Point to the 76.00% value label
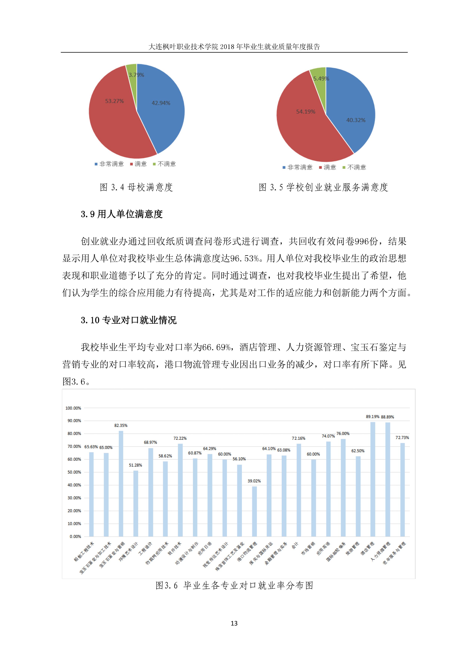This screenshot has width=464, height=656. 343,434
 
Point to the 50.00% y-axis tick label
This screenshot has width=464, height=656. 74,472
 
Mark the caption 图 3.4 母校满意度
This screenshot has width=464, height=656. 136,187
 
